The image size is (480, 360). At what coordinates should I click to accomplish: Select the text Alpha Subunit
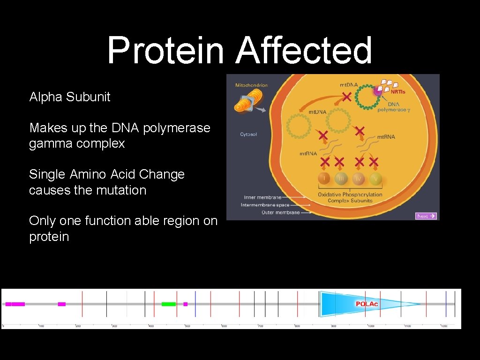tap(70, 97)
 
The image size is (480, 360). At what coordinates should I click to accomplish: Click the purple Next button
tap(426, 216)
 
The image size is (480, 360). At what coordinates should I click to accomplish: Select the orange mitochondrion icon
tap(245, 101)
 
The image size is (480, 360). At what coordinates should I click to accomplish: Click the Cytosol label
tap(248, 135)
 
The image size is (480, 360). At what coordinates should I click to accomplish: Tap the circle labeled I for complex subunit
tap(324, 179)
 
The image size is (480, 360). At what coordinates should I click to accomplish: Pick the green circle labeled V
tap(375, 179)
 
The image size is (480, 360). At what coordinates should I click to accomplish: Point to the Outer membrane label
tap(280, 212)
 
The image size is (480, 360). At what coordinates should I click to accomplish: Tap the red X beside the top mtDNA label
tap(346, 97)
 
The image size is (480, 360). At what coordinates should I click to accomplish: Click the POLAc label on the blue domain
tap(367, 304)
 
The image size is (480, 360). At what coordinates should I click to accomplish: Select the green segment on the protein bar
tap(169, 304)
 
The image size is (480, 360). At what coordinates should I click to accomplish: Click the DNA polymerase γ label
tap(394, 106)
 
